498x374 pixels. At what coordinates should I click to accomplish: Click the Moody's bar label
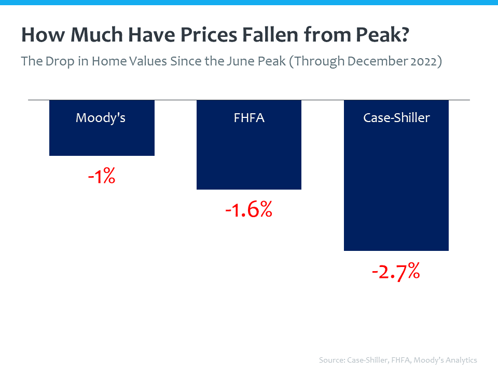101,118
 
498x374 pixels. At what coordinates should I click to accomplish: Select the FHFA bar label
249,118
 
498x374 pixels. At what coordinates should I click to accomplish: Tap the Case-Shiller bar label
396,118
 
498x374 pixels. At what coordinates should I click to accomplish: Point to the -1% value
102,177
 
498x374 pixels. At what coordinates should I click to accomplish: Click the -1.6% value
248,210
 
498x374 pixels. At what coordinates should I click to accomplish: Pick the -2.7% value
396,272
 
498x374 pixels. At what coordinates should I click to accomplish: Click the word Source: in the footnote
334,360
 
